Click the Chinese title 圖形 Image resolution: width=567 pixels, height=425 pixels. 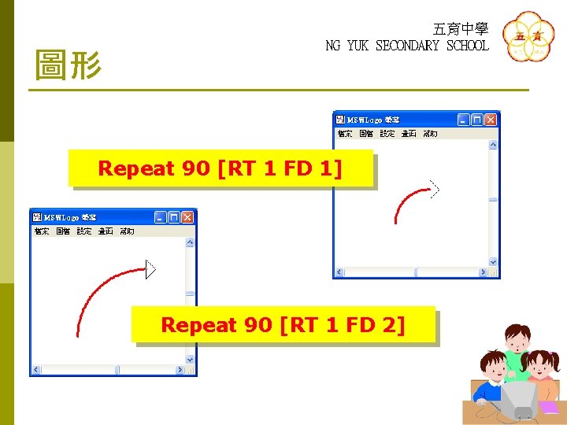click(69, 65)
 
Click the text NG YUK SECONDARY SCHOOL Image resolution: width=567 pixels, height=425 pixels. click(406, 46)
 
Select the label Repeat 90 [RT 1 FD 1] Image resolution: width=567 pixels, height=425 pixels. click(220, 168)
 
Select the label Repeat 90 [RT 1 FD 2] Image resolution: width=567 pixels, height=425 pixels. click(283, 323)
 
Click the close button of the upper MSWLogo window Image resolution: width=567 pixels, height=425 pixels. click(491, 120)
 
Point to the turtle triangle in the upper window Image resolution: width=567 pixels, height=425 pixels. click(432, 187)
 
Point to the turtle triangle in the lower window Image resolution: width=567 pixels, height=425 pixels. click(150, 269)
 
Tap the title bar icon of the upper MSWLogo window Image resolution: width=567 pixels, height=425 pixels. click(340, 120)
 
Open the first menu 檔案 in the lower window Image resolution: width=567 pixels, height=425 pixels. click(42, 231)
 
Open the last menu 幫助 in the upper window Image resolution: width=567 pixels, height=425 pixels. click(430, 134)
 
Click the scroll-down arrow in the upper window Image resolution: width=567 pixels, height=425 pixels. click(493, 262)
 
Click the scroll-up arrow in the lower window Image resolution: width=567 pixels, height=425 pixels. click(190, 242)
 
